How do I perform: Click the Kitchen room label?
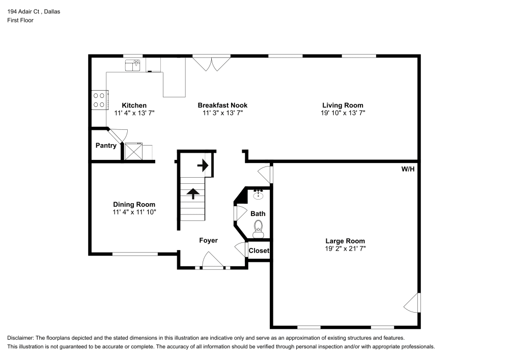click(x=134, y=105)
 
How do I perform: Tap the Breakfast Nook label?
click(x=222, y=105)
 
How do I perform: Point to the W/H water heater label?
click(x=408, y=169)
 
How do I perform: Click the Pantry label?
click(x=106, y=146)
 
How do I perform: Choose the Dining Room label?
click(x=134, y=204)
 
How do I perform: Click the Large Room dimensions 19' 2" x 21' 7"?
click(x=345, y=248)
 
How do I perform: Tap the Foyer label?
click(x=208, y=240)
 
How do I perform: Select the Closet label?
click(x=259, y=251)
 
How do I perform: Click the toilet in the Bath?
click(x=259, y=228)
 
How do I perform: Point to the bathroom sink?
click(x=258, y=193)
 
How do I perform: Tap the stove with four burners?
click(x=99, y=99)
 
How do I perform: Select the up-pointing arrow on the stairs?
click(x=193, y=193)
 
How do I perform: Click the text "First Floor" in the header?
click(x=20, y=20)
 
